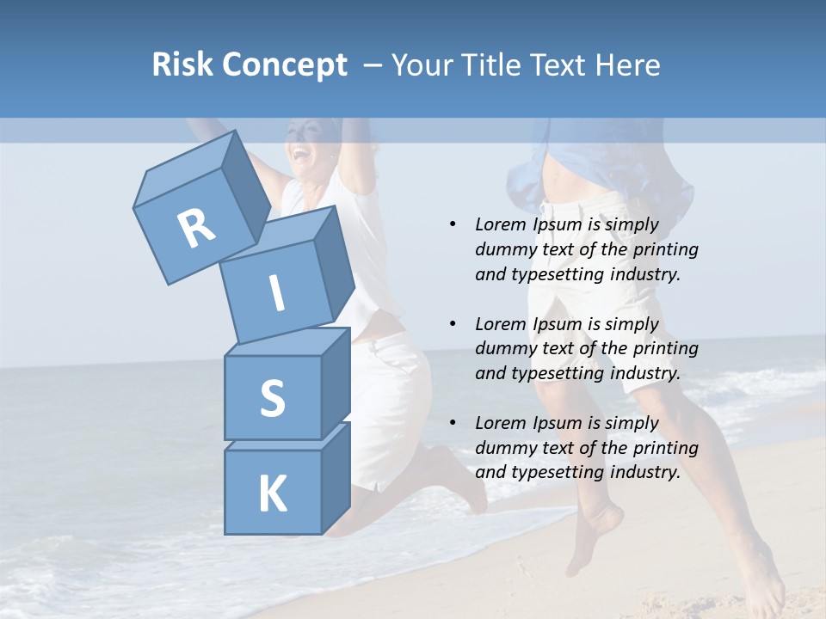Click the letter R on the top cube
pyautogui.click(x=197, y=228)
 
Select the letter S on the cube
pyautogui.click(x=272, y=398)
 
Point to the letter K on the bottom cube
pyautogui.click(x=272, y=494)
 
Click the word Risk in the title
pyautogui.click(x=182, y=65)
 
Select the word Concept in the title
pyautogui.click(x=283, y=66)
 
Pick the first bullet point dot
pyautogui.click(x=453, y=224)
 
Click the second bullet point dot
pyautogui.click(x=453, y=324)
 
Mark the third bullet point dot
pyautogui.click(x=453, y=423)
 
